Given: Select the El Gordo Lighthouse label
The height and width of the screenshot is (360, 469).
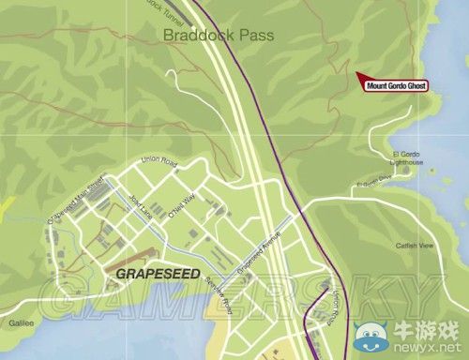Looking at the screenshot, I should tap(407, 157).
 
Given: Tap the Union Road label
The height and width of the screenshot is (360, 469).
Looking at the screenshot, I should tap(159, 160).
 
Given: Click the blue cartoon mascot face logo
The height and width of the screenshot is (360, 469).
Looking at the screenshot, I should tap(371, 332).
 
